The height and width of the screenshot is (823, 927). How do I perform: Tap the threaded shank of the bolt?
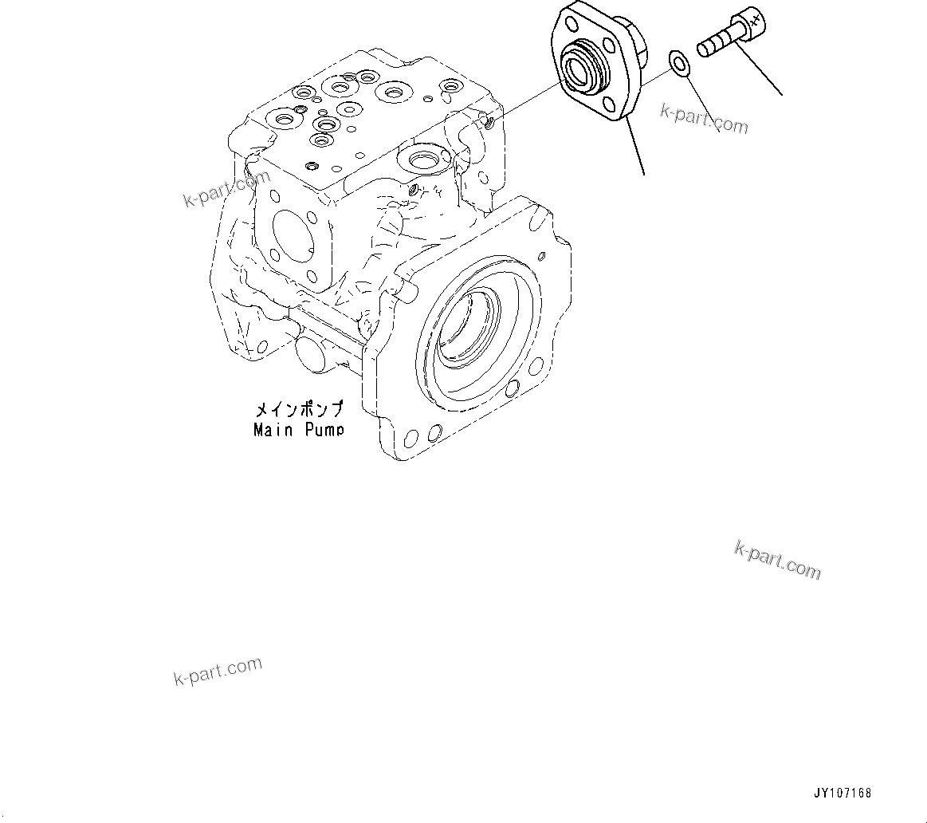tap(715, 44)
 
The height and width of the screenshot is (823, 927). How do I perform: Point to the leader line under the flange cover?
tap(634, 148)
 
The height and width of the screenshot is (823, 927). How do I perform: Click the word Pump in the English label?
tap(323, 430)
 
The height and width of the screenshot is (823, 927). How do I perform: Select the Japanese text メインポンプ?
tap(299, 411)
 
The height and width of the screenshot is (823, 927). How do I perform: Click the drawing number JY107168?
tap(843, 793)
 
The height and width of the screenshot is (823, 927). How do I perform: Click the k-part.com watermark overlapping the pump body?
tap(227, 189)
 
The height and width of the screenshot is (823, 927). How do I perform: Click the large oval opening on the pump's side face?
tap(295, 234)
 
